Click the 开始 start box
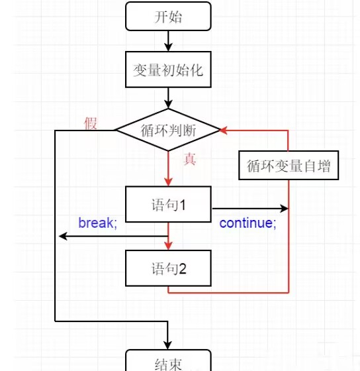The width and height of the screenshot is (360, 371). coord(168,17)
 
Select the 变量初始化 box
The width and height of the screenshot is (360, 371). coord(168,70)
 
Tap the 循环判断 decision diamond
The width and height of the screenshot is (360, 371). coord(168,130)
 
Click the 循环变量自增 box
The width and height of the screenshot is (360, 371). coord(289,166)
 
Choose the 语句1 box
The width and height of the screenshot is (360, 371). coord(168,205)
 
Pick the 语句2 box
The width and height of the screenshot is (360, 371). coord(168,268)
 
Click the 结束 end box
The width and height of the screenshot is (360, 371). coord(168,361)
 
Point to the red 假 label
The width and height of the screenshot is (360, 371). coord(91,123)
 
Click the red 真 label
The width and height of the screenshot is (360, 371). coord(190,159)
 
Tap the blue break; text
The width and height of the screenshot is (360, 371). coord(98,223)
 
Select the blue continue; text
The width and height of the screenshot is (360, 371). coord(247,223)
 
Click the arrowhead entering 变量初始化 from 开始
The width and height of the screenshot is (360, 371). coord(168,47)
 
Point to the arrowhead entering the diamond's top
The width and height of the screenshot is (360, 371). coord(168,105)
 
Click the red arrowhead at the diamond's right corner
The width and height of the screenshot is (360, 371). coord(224,130)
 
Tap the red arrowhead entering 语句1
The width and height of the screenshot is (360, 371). coord(168,182)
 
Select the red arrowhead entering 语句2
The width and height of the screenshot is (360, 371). coord(168,246)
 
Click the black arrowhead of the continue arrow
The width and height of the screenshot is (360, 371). coord(284,209)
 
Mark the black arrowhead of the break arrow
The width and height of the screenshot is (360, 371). coord(63,236)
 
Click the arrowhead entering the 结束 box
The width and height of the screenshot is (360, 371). coord(168,345)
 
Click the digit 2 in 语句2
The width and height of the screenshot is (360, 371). coord(182,269)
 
